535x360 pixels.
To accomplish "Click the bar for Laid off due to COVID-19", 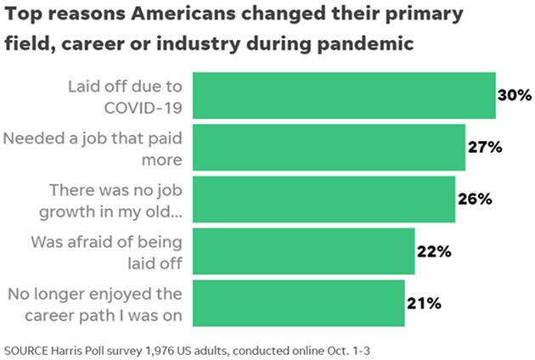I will pyautogui.click(x=344, y=96).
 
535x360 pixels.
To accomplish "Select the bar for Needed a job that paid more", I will pyautogui.click(x=329, y=148).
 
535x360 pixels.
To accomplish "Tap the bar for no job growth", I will pyautogui.click(x=324, y=200).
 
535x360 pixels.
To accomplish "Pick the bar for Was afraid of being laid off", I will pyautogui.click(x=303, y=251).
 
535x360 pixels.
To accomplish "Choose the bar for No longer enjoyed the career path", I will pyautogui.click(x=298, y=303).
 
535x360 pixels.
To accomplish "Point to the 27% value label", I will pyautogui.click(x=485, y=148).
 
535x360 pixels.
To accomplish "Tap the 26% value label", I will pyautogui.click(x=474, y=200).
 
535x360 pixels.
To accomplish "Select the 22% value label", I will pyautogui.click(x=433, y=251).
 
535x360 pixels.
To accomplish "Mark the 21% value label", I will pyautogui.click(x=422, y=303).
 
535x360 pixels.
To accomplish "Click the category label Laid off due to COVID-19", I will pyautogui.click(x=125, y=96).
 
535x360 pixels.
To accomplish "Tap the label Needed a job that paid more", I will pyautogui.click(x=95, y=148).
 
